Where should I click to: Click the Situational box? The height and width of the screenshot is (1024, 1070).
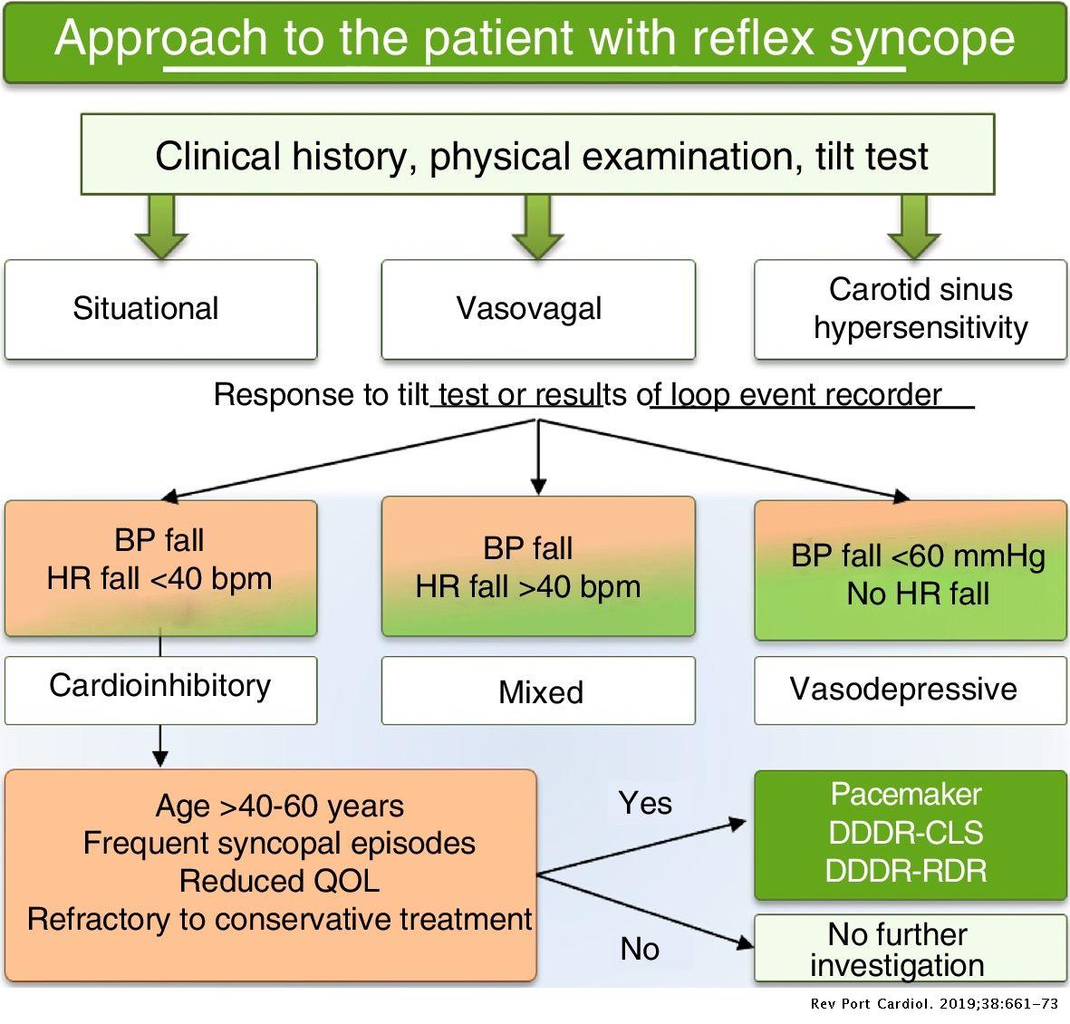pos(160,309)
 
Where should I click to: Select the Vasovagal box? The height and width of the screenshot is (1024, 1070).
pos(537,309)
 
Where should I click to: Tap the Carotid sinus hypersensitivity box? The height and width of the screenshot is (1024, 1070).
pos(911,309)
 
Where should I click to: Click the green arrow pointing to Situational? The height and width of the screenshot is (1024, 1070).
pos(160,227)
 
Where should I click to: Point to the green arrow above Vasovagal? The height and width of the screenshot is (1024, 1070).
pos(537,227)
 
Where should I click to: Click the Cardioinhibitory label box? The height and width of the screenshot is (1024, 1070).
pos(160,687)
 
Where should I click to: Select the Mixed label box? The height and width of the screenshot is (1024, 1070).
pos(537,691)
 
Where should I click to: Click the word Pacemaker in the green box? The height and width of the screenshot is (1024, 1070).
pos(906,795)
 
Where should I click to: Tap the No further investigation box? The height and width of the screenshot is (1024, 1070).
pos(911,949)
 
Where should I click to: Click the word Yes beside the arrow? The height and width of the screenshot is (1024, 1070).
pos(645,803)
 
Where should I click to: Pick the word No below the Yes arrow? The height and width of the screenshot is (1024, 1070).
pos(640,949)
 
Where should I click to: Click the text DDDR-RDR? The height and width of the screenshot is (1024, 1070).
pos(906,871)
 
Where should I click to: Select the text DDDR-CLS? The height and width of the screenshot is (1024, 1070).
pos(906,833)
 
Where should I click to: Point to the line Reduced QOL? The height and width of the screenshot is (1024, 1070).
pos(279,881)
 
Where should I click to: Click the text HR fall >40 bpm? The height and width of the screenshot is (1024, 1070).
pos(528,586)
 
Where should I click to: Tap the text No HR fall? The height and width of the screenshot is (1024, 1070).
pos(918,594)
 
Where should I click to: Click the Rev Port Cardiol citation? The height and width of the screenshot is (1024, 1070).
pos(934,1004)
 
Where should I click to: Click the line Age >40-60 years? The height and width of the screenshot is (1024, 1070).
pos(279,806)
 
